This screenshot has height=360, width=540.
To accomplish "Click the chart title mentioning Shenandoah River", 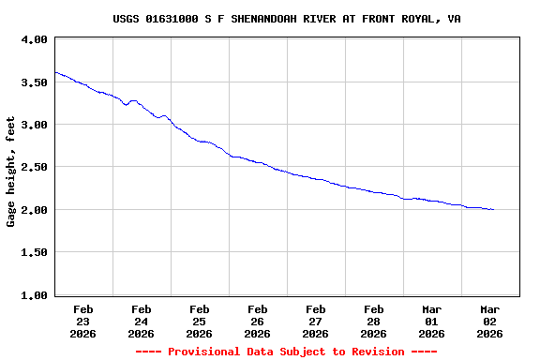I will [286, 19].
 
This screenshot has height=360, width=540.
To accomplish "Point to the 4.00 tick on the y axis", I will [34, 40].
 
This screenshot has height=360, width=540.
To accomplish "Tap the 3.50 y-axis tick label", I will [34, 82].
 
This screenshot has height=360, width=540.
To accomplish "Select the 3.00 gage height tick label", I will [34, 125].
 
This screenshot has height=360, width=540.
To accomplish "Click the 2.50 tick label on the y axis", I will [34, 167].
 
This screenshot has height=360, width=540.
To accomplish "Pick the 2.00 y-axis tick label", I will [34, 210].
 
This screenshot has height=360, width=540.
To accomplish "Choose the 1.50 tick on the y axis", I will [34, 252].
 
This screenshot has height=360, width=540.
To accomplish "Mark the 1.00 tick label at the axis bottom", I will [34, 295].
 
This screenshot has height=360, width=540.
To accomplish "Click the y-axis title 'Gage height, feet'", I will [11, 172].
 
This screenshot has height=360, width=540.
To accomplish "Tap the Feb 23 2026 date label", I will [83, 321].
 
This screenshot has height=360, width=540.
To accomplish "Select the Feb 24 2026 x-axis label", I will [142, 321].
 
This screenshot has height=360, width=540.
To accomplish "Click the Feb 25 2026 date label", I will [200, 321].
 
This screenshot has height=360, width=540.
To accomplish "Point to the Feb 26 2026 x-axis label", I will [258, 321].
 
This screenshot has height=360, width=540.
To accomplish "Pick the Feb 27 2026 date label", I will [316, 321].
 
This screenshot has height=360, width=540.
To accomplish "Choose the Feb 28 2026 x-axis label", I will [374, 321].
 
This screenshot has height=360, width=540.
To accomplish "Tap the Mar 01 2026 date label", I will [432, 321].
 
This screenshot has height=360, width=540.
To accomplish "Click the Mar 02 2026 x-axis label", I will [490, 321].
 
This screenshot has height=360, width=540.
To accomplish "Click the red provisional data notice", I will [286, 352].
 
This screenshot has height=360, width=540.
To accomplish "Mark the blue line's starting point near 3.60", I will [55, 72].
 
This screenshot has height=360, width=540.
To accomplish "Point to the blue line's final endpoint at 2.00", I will [494, 210].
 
